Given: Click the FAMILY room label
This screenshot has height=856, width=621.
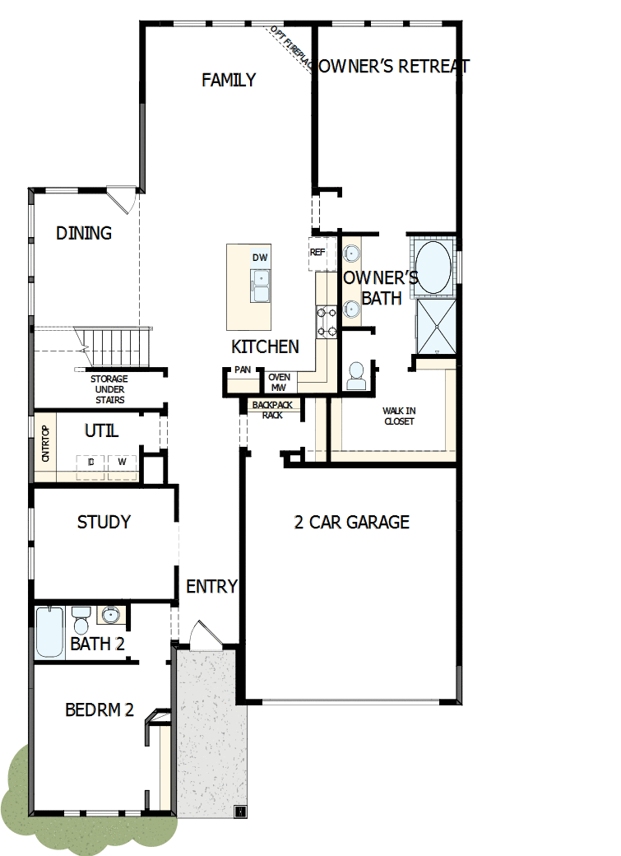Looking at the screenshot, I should pyautogui.click(x=229, y=80).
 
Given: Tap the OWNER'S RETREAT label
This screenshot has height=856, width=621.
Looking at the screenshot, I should pyautogui.click(x=392, y=67).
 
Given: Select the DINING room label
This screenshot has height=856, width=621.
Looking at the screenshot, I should pyautogui.click(x=84, y=233).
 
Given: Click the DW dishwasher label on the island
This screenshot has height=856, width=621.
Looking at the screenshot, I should pyautogui.click(x=260, y=258).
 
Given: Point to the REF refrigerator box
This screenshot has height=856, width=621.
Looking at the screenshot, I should pyautogui.click(x=317, y=253).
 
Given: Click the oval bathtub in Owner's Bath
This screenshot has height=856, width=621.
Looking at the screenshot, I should pyautogui.click(x=430, y=267).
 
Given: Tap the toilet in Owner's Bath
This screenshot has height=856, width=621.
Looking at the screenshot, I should pyautogui.click(x=356, y=376).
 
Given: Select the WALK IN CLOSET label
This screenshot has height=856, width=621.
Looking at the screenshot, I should pyautogui.click(x=398, y=416).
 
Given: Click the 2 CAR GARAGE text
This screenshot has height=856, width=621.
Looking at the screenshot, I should pyautogui.click(x=351, y=522).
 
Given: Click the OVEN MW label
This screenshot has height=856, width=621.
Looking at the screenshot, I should pyautogui.click(x=279, y=382).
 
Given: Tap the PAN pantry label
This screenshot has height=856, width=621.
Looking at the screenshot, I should pyautogui.click(x=242, y=370).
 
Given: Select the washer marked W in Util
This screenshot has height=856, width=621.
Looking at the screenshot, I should pyautogui.click(x=122, y=463).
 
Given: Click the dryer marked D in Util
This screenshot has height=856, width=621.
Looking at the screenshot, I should pyautogui.click(x=90, y=463).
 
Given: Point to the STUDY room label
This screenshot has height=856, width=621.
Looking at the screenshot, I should pyautogui.click(x=104, y=522).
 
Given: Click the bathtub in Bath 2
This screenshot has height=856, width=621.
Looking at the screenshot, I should pyautogui.click(x=49, y=632).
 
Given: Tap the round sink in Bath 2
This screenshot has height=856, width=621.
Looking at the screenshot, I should pyautogui.click(x=109, y=614).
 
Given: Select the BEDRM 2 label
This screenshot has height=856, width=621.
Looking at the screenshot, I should pyautogui.click(x=99, y=709).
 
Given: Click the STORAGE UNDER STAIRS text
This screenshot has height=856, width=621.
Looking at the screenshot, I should pyautogui.click(x=109, y=389).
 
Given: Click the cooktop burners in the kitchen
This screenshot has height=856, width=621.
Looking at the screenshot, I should pyautogui.click(x=327, y=321).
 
